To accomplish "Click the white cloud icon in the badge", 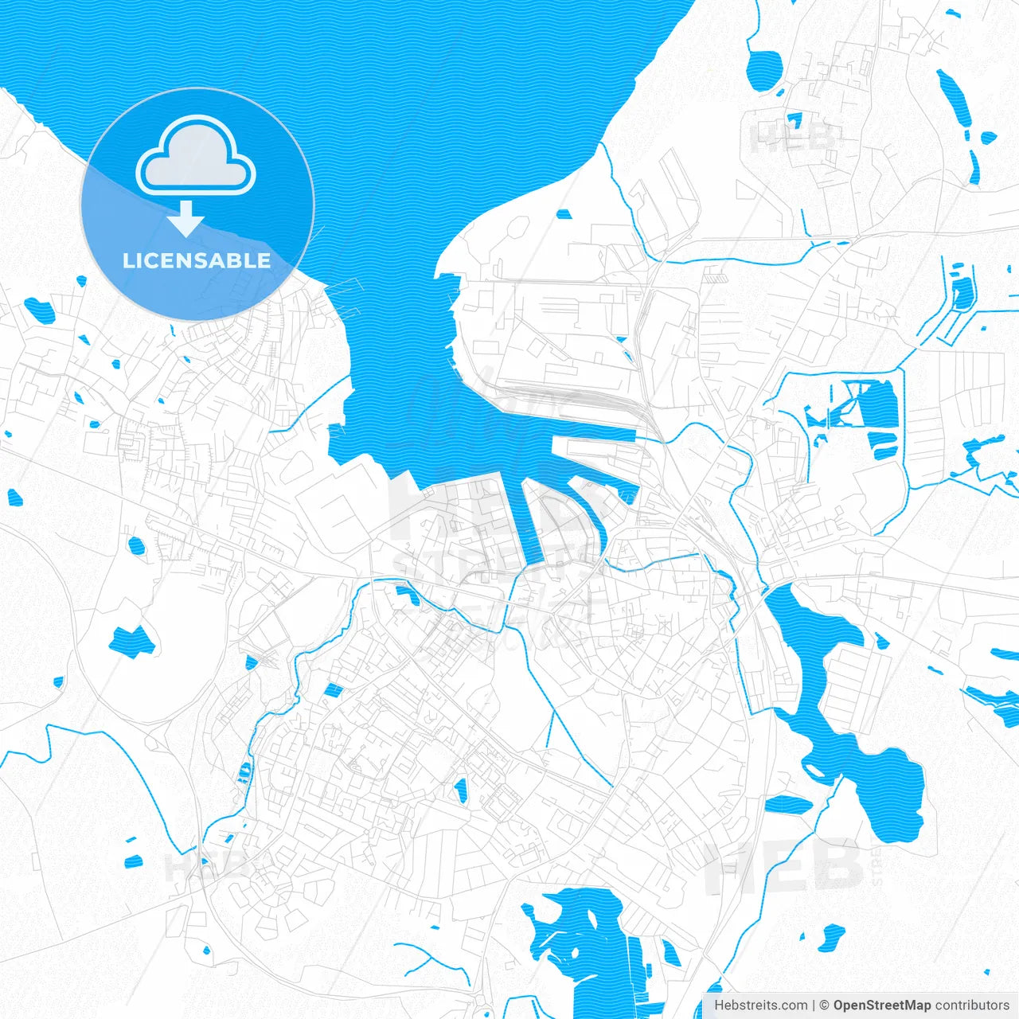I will [x=196, y=156].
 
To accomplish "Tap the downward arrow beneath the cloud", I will [x=186, y=219].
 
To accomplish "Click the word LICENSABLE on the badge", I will [x=197, y=260].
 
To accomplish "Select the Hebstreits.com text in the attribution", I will [x=760, y=1005].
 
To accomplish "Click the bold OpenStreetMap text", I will [x=881, y=1005].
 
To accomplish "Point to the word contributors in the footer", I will [x=972, y=1005].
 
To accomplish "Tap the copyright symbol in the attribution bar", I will [x=824, y=1005].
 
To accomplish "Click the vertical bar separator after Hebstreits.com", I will [x=814, y=1005].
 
